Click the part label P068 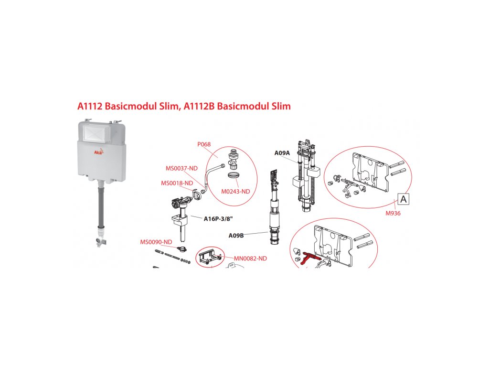pyautogui.click(x=204, y=144)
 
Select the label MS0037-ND pyautogui.click(x=181, y=168)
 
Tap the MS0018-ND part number pyautogui.click(x=177, y=183)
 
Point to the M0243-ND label pyautogui.click(x=235, y=191)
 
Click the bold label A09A pyautogui.click(x=282, y=153)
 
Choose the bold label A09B pyautogui.click(x=236, y=235)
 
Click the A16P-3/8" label pyautogui.click(x=218, y=219)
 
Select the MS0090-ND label pyautogui.click(x=156, y=242)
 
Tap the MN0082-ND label pyautogui.click(x=250, y=259)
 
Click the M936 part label pyautogui.click(x=393, y=213)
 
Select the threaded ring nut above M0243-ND pyautogui.click(x=233, y=176)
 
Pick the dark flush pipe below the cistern pyautogui.click(x=101, y=205)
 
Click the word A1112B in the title pyautogui.click(x=199, y=106)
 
